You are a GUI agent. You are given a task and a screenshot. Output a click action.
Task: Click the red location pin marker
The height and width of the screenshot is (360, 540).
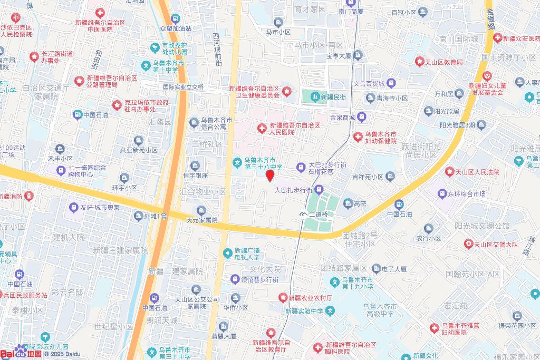tap(269, 176)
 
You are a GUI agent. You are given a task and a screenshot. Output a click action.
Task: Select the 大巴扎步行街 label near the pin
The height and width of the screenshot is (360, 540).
tap(294, 190)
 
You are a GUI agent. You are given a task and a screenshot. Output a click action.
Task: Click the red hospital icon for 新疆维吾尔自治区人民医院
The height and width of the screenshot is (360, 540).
tap(261, 129)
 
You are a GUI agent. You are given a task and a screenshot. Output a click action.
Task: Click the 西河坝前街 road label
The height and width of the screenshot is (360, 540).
tap(217, 48)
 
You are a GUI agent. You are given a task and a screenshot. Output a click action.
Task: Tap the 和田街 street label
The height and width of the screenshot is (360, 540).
tap(99, 60)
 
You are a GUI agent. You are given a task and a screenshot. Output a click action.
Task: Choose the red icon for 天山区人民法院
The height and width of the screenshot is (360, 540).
tap(449, 171)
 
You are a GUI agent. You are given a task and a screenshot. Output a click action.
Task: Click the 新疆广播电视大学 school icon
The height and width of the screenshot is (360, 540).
tap(227, 254)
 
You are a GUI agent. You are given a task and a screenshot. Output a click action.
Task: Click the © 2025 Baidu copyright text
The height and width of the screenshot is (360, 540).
tap(62, 354)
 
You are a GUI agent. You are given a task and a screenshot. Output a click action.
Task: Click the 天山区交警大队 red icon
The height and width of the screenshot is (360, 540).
tap(468, 244)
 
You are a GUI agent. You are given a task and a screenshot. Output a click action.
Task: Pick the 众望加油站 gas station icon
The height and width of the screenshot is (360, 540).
tap(176, 18)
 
